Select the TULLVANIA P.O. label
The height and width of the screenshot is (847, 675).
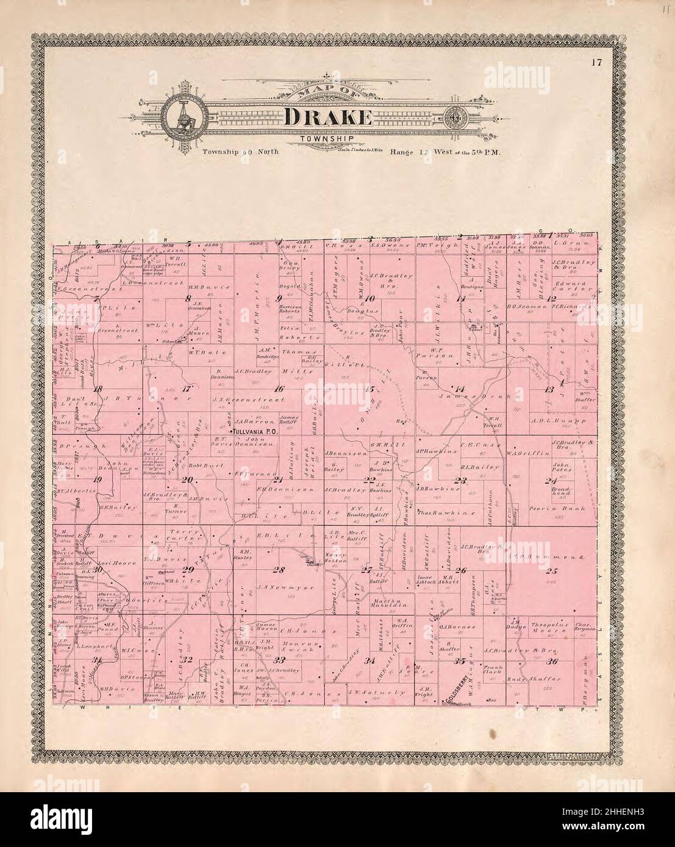pos(254,431)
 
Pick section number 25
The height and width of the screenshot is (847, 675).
pos(552,571)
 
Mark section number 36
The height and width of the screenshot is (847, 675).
pos(554,661)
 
